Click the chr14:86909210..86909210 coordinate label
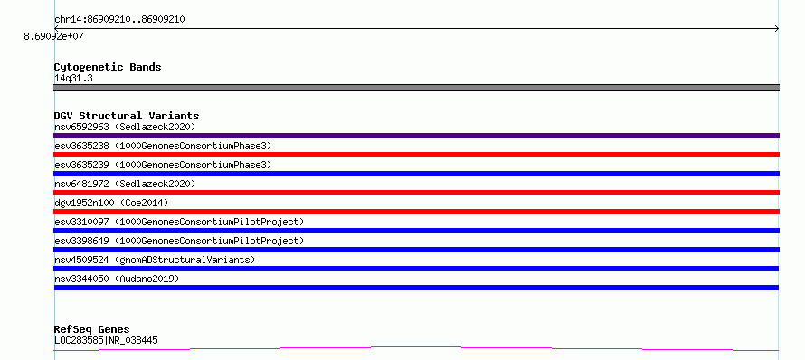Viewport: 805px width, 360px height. (x=119, y=20)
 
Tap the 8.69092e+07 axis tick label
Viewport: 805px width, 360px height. (x=54, y=37)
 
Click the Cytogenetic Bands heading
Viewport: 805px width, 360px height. (x=108, y=67)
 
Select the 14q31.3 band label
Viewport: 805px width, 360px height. (x=73, y=79)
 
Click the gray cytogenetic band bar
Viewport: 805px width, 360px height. (x=416, y=88)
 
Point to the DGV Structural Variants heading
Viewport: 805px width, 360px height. (x=127, y=116)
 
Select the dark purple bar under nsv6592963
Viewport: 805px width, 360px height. (x=416, y=136)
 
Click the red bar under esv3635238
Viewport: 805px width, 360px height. (x=416, y=155)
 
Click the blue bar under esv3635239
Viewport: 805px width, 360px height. (x=416, y=174)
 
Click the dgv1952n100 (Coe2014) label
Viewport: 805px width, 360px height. (x=111, y=203)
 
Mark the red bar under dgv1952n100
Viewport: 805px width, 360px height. (x=416, y=212)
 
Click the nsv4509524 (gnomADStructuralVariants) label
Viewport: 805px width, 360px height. (x=155, y=260)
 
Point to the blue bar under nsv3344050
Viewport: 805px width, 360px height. (x=416, y=288)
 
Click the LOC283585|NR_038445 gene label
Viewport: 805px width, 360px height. (x=106, y=340)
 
